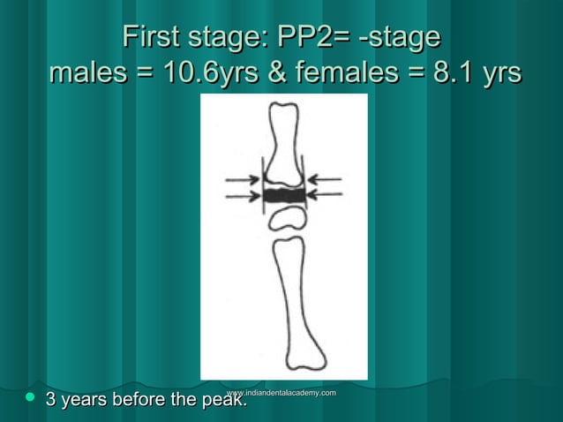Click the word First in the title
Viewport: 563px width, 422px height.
coord(151,38)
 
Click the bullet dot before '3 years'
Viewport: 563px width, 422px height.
coord(28,399)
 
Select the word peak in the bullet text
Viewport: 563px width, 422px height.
coord(224,401)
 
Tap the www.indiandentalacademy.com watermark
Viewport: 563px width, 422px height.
coord(281,391)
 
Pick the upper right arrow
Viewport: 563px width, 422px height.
coord(325,180)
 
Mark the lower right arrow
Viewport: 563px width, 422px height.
coord(325,196)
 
